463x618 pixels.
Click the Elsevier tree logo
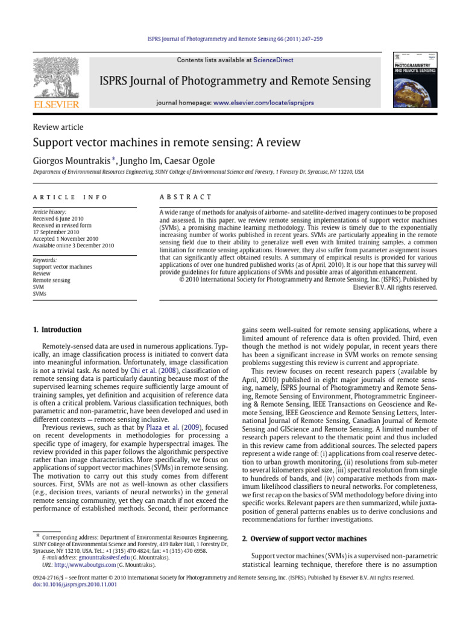click(x=55, y=79)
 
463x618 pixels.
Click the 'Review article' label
click(x=57, y=127)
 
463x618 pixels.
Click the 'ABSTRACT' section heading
click(x=185, y=197)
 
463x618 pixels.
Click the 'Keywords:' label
click(x=45, y=260)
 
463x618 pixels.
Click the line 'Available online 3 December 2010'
click(x=73, y=246)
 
